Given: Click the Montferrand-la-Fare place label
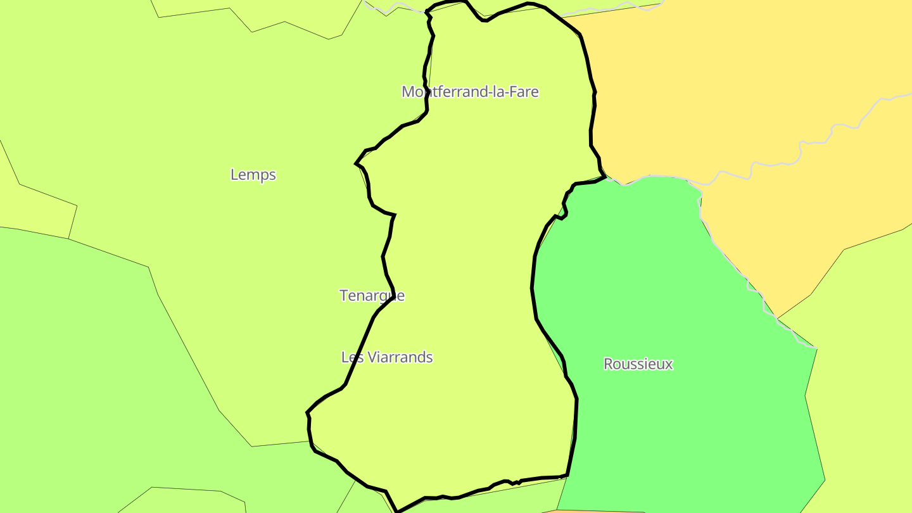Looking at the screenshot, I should pos(470,92).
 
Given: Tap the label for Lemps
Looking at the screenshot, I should pos(253,175).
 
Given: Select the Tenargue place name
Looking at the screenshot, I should pos(372,296).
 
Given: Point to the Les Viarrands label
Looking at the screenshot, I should pos(387,357).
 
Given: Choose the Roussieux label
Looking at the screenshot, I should pos(638,364).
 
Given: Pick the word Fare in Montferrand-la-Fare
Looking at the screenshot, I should pos(524,92).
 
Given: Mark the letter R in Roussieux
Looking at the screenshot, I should pos(608,364).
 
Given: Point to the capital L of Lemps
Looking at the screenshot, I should pos(234,175).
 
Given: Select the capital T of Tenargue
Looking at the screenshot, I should pos(344,296).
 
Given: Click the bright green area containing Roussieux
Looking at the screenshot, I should pos(665,285).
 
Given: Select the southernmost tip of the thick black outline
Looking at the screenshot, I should pos(397,510).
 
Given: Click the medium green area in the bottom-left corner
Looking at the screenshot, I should pos(95,380).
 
